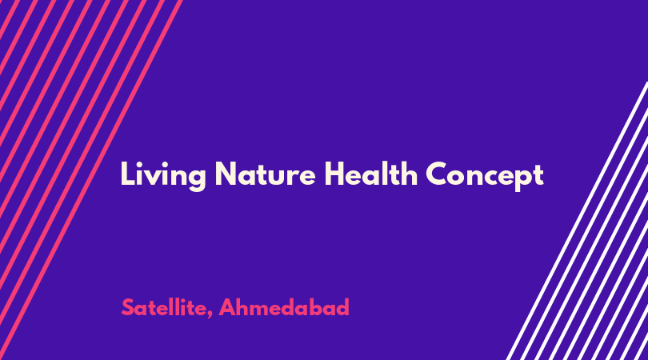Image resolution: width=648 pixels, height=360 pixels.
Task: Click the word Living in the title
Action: point(163,175)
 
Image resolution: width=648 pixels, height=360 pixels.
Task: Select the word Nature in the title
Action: point(265,174)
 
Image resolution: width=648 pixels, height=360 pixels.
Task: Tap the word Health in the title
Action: point(370,173)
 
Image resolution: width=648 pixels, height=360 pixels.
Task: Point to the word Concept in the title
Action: point(484,176)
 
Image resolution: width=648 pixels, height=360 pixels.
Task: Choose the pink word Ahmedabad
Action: point(284,307)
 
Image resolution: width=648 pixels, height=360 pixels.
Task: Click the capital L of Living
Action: point(127,174)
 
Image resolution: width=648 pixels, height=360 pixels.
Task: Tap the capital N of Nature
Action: point(226,174)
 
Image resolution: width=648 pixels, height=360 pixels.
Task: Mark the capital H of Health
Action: point(334,174)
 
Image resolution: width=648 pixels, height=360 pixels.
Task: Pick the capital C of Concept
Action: point(438,174)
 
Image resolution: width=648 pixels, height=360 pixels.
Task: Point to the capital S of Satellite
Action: point(128,307)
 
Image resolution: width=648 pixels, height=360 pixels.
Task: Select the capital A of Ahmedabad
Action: point(228,307)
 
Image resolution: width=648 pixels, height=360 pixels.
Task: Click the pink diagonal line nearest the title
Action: point(91,180)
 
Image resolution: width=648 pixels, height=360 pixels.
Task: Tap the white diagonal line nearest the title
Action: point(577,221)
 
